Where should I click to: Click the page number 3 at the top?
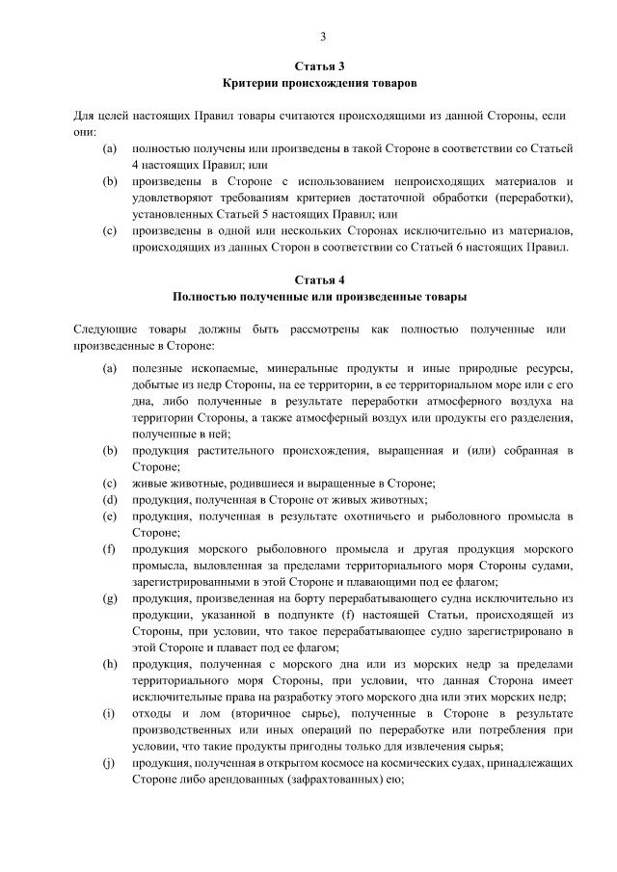(x=324, y=37)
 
